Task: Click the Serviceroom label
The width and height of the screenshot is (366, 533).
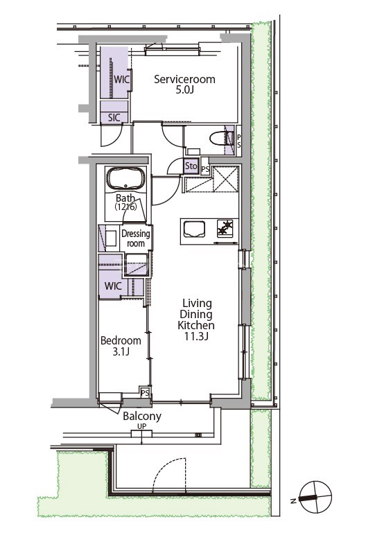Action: coord(184,79)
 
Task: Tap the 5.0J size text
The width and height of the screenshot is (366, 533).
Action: coord(184,90)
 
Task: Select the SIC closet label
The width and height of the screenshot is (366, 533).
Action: coord(114,118)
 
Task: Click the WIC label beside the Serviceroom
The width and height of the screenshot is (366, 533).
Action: coord(121,80)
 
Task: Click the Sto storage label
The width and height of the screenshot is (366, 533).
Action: coord(191,166)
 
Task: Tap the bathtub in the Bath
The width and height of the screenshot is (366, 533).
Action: coord(125,178)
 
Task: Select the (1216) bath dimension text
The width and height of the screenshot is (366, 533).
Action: coord(125,207)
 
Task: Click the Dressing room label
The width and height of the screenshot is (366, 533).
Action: coord(136,238)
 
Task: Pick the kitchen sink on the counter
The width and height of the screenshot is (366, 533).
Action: coord(194,229)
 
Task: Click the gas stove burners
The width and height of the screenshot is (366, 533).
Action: coord(226,228)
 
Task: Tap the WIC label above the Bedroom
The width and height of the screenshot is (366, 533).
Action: coord(113,286)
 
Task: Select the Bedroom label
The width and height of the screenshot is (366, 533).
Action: coord(121,340)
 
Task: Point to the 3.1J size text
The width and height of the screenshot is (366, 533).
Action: coord(121,351)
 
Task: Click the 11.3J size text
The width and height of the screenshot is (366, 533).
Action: coord(196,337)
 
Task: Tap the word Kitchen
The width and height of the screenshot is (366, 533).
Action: coord(196,325)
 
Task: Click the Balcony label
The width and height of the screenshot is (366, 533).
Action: coord(142,416)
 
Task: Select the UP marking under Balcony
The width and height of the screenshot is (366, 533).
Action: coord(142,426)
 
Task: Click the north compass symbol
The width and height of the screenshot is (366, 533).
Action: coord(315,497)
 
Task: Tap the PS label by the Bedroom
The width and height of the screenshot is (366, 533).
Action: coord(145,393)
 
